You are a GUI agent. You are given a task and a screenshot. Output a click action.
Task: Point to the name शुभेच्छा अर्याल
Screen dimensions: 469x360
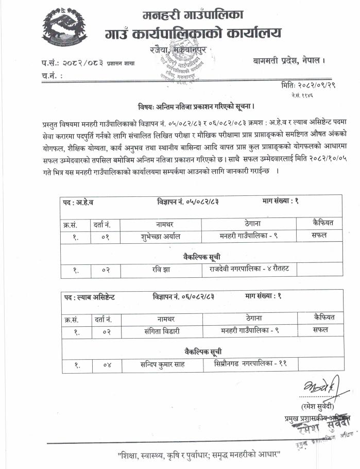click(164, 237)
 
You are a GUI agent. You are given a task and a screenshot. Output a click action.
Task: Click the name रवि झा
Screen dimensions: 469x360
click(165, 269)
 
